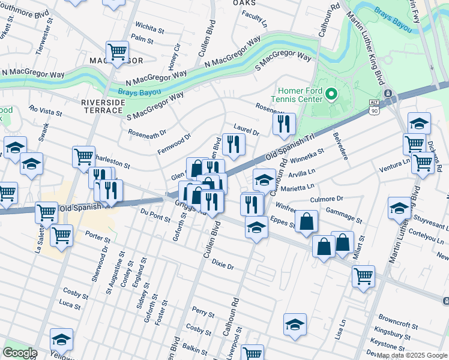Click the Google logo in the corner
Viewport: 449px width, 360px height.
tap(19, 353)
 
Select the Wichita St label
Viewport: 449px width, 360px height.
tap(149, 28)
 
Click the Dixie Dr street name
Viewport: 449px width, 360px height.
tap(221, 265)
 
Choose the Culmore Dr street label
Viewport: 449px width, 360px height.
tap(326, 199)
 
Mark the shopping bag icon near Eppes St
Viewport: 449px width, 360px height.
tap(306, 221)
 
